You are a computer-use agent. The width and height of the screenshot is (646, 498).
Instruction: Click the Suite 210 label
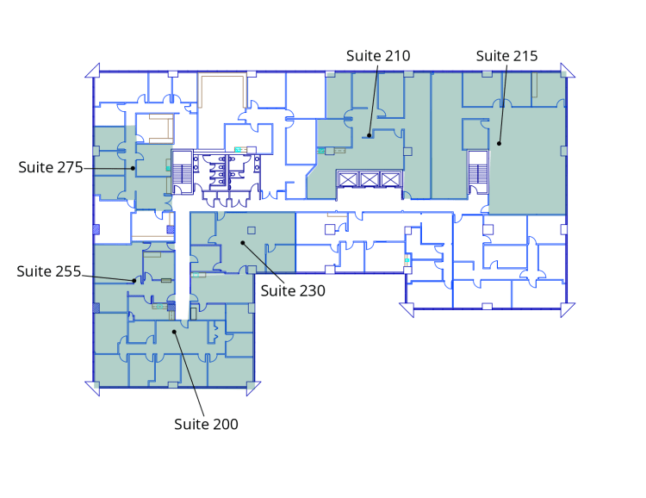click(378, 56)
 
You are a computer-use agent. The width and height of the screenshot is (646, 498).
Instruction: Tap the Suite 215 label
click(506, 56)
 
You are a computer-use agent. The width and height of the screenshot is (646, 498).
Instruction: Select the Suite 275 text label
click(51, 167)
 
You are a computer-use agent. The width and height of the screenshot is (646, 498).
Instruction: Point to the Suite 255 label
click(48, 271)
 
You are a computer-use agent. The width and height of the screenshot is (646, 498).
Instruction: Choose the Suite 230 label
click(293, 291)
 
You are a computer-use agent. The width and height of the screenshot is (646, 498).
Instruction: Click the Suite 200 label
click(206, 424)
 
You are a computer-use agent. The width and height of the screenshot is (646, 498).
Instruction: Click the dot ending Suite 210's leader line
click(370, 135)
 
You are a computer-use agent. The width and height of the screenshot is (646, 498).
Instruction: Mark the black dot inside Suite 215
click(499, 144)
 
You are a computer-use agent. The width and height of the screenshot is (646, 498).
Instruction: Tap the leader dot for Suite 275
click(133, 168)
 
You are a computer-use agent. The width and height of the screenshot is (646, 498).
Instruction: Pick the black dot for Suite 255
click(134, 281)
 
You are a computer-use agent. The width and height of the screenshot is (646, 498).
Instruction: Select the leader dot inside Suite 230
click(243, 243)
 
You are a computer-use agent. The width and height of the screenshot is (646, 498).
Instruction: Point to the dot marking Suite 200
click(174, 332)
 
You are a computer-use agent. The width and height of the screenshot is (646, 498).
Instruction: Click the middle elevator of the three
click(370, 180)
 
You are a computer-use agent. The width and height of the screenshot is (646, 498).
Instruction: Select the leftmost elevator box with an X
click(348, 180)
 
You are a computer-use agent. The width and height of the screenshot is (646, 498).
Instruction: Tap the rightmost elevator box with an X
click(390, 180)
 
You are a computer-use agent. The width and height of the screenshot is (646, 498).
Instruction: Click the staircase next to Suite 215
click(478, 172)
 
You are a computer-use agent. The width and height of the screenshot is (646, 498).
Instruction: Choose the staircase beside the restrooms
click(182, 172)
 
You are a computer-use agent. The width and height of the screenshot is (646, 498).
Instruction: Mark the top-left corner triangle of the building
click(93, 71)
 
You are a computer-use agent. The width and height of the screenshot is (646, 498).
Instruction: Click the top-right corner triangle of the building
click(568, 71)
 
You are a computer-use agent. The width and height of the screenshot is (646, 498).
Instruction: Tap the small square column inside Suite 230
click(252, 230)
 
